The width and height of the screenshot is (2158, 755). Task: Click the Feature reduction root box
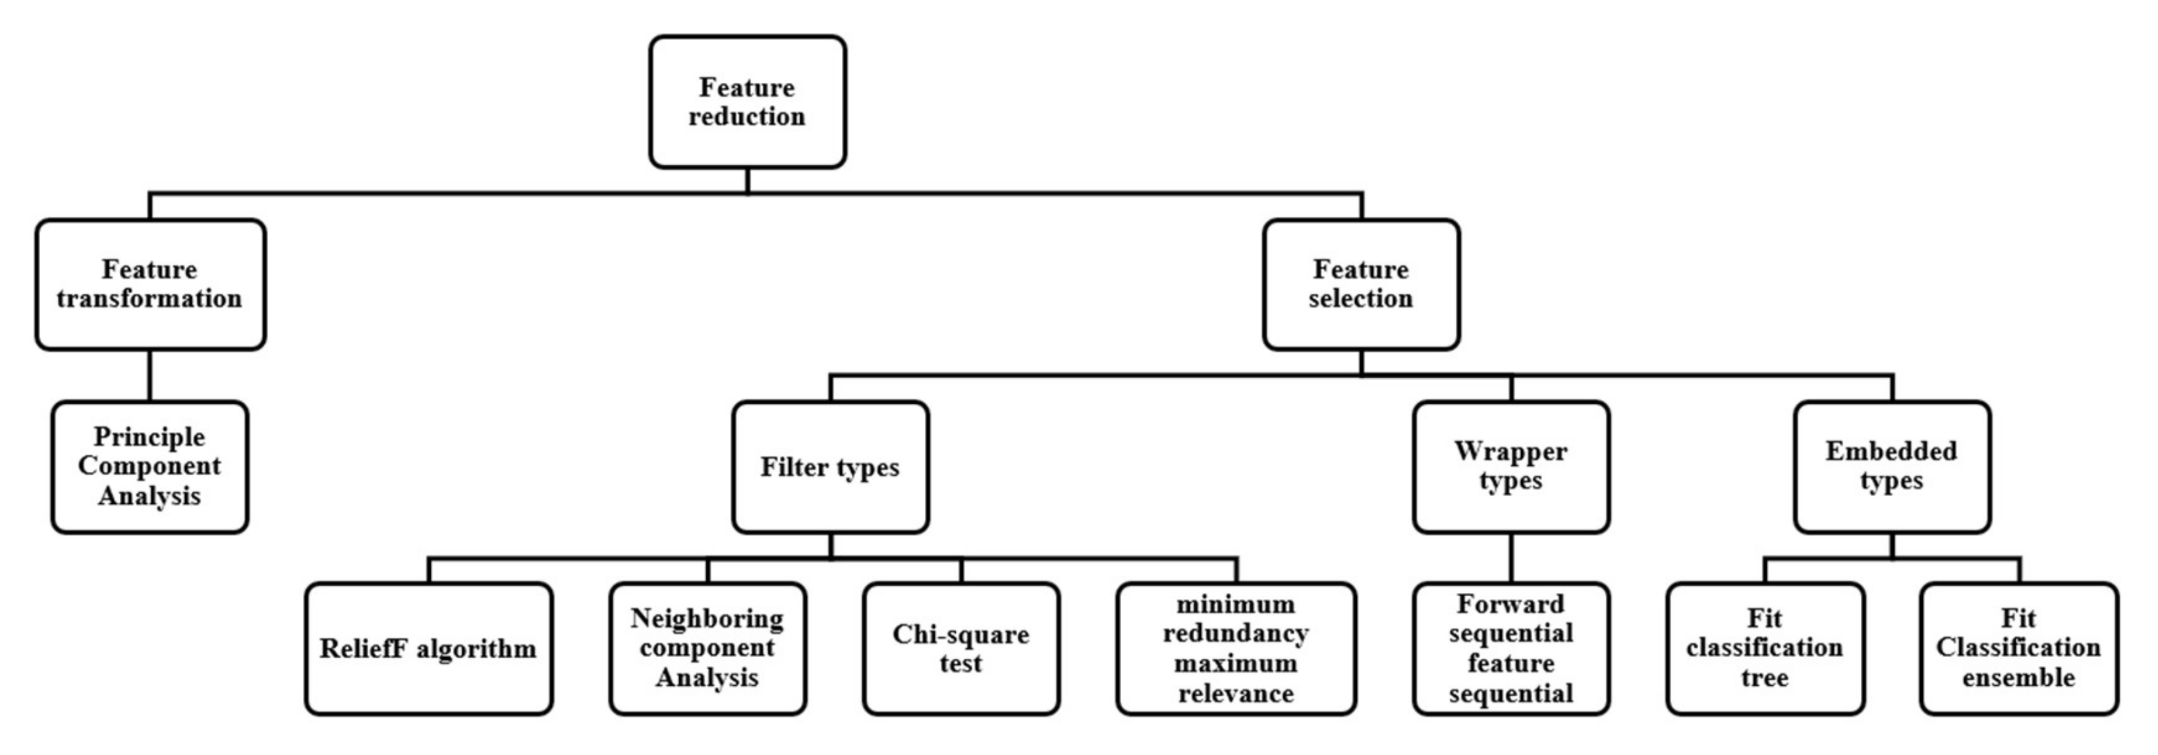pyautogui.click(x=747, y=101)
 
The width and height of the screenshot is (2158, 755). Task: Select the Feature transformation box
pyautogui.click(x=150, y=284)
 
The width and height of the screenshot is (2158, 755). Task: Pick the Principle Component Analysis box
pyautogui.click(x=150, y=466)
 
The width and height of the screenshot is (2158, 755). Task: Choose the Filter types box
pyautogui.click(x=830, y=466)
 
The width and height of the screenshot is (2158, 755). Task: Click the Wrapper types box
pyautogui.click(x=1510, y=466)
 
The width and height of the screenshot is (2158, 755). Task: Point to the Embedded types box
pyautogui.click(x=1892, y=466)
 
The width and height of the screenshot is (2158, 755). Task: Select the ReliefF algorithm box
pyautogui.click(x=428, y=648)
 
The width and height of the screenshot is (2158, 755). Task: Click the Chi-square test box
pyautogui.click(x=961, y=648)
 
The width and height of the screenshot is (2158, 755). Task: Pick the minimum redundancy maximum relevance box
pyautogui.click(x=1236, y=648)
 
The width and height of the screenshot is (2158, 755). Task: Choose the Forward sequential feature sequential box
pyautogui.click(x=1510, y=648)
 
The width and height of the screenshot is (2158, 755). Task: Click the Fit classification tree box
pyautogui.click(x=1765, y=648)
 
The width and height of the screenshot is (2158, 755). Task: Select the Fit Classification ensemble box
pyautogui.click(x=2019, y=648)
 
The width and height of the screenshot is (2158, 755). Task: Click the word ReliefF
pyautogui.click(x=364, y=648)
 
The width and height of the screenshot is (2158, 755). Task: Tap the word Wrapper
pyautogui.click(x=1510, y=452)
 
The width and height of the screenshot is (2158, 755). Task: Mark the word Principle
pyautogui.click(x=149, y=437)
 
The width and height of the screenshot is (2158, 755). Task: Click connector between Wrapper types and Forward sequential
pyautogui.click(x=1511, y=557)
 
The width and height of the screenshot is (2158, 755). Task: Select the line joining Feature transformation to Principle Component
pyautogui.click(x=150, y=376)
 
